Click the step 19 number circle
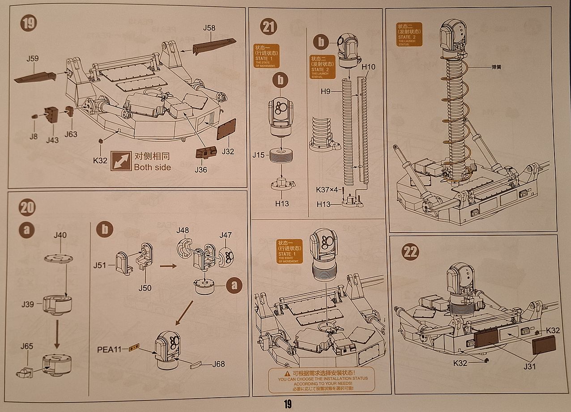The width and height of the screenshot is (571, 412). [x=29, y=24]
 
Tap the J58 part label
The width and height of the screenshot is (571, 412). [x=209, y=28]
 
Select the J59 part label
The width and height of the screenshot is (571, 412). [x=32, y=59]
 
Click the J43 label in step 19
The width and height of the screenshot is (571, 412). [x=52, y=140]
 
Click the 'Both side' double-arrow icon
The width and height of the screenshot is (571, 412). [x=119, y=161]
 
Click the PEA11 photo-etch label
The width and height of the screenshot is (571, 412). [x=109, y=349]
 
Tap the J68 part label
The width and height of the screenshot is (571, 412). [x=219, y=364]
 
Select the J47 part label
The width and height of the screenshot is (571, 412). [x=226, y=235]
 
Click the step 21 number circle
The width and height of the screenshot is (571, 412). [x=268, y=27]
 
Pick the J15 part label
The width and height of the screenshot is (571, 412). [x=259, y=155]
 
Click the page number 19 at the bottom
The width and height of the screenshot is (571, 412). [x=287, y=404]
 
